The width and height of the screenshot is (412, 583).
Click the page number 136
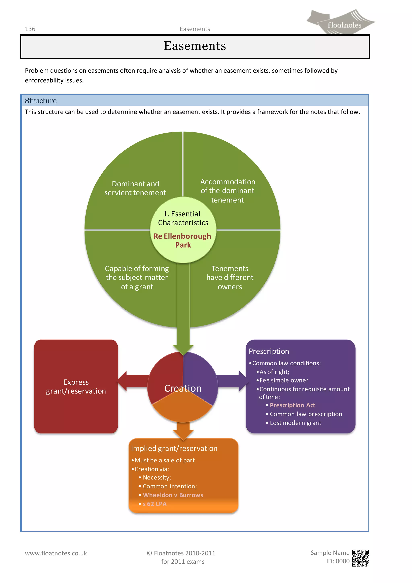click(30, 29)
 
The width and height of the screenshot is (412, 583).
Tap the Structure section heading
click(41, 101)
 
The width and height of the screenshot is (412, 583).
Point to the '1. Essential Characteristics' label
click(183, 218)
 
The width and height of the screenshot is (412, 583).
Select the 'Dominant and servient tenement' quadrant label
click(135, 188)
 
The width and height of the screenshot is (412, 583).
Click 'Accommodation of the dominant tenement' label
click(228, 191)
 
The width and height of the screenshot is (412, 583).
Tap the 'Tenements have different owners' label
click(230, 278)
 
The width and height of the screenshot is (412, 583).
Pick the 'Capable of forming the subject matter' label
click(137, 278)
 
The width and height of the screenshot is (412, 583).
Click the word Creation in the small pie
click(183, 388)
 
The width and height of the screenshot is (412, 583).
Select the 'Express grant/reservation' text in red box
click(76, 387)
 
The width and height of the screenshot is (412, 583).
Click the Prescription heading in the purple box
click(269, 351)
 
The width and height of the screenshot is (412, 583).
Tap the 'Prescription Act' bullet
click(292, 405)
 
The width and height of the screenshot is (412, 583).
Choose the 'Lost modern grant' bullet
click(295, 423)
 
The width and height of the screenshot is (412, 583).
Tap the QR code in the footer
click(360, 558)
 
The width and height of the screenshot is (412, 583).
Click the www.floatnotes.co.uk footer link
click(56, 553)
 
